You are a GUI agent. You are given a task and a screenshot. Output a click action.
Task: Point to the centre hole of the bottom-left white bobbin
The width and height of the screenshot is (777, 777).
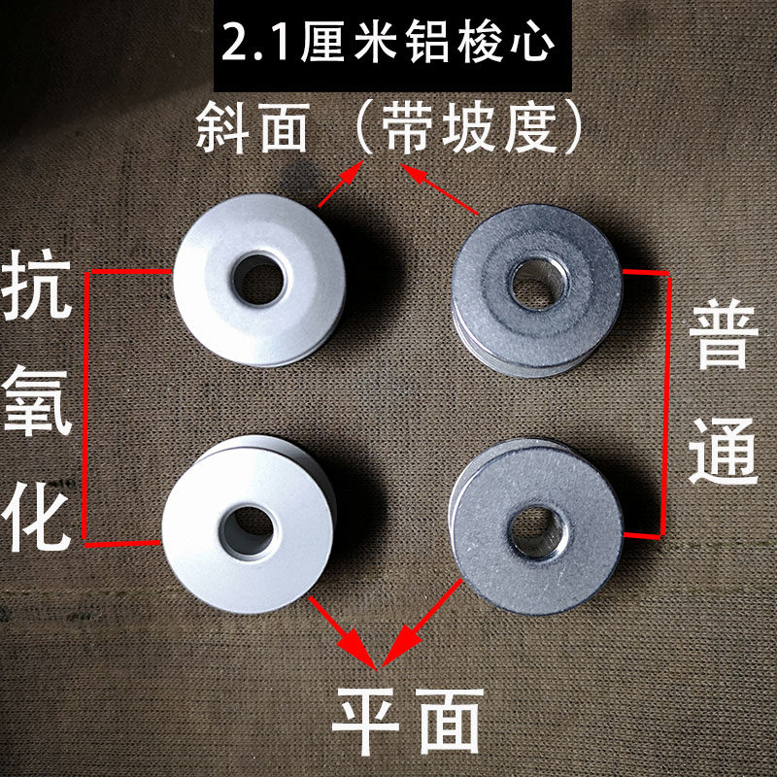[248, 531]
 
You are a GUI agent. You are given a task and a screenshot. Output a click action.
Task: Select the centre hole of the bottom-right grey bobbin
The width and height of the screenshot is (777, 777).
[538, 531]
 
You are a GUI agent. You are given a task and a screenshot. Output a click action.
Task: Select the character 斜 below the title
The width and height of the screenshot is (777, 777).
[222, 127]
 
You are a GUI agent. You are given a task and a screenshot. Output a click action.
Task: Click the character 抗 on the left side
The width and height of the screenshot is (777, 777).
[37, 285]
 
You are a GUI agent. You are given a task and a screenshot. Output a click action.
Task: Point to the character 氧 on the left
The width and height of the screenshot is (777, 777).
[37, 401]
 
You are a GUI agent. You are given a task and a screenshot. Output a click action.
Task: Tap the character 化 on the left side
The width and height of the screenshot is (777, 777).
[36, 517]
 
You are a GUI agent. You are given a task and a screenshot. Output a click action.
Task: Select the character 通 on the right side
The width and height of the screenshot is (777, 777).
[724, 450]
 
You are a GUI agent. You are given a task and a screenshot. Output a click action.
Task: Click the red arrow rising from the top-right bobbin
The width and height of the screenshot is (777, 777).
[439, 189]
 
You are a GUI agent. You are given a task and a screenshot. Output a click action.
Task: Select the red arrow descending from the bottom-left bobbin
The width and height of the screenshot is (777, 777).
[344, 633]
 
